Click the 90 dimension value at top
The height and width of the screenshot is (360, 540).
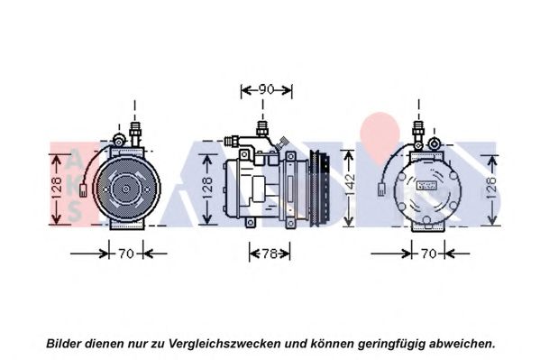click(x=266, y=89)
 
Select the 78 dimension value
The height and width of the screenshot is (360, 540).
click(x=270, y=254)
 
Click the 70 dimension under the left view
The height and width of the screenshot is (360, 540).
click(x=126, y=254)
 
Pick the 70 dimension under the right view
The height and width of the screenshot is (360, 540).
click(x=428, y=254)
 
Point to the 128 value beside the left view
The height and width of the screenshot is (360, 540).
click(x=57, y=189)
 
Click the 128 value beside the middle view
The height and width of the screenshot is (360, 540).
click(x=207, y=189)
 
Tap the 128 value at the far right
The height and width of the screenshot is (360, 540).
click(x=492, y=189)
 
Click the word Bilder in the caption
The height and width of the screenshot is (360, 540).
click(x=64, y=344)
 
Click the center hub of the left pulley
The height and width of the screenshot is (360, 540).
click(x=126, y=189)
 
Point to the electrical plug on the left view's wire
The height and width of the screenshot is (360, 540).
click(x=83, y=190)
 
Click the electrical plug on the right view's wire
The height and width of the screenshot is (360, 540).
click(x=381, y=189)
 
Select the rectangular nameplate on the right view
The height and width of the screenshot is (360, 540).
click(x=426, y=185)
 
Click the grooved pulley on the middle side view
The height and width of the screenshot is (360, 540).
click(x=320, y=189)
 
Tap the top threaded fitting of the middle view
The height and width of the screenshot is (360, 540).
click(x=262, y=129)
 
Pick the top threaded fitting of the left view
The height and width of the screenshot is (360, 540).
click(x=134, y=133)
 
